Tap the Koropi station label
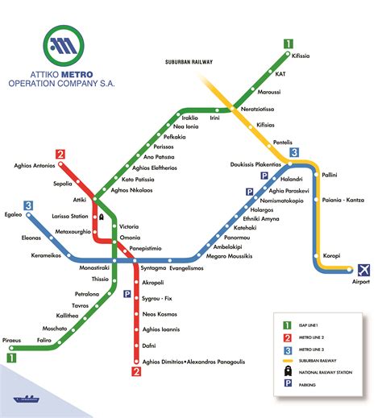click(333, 256)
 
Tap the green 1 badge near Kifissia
click(289, 44)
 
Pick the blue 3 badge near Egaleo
click(28, 205)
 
